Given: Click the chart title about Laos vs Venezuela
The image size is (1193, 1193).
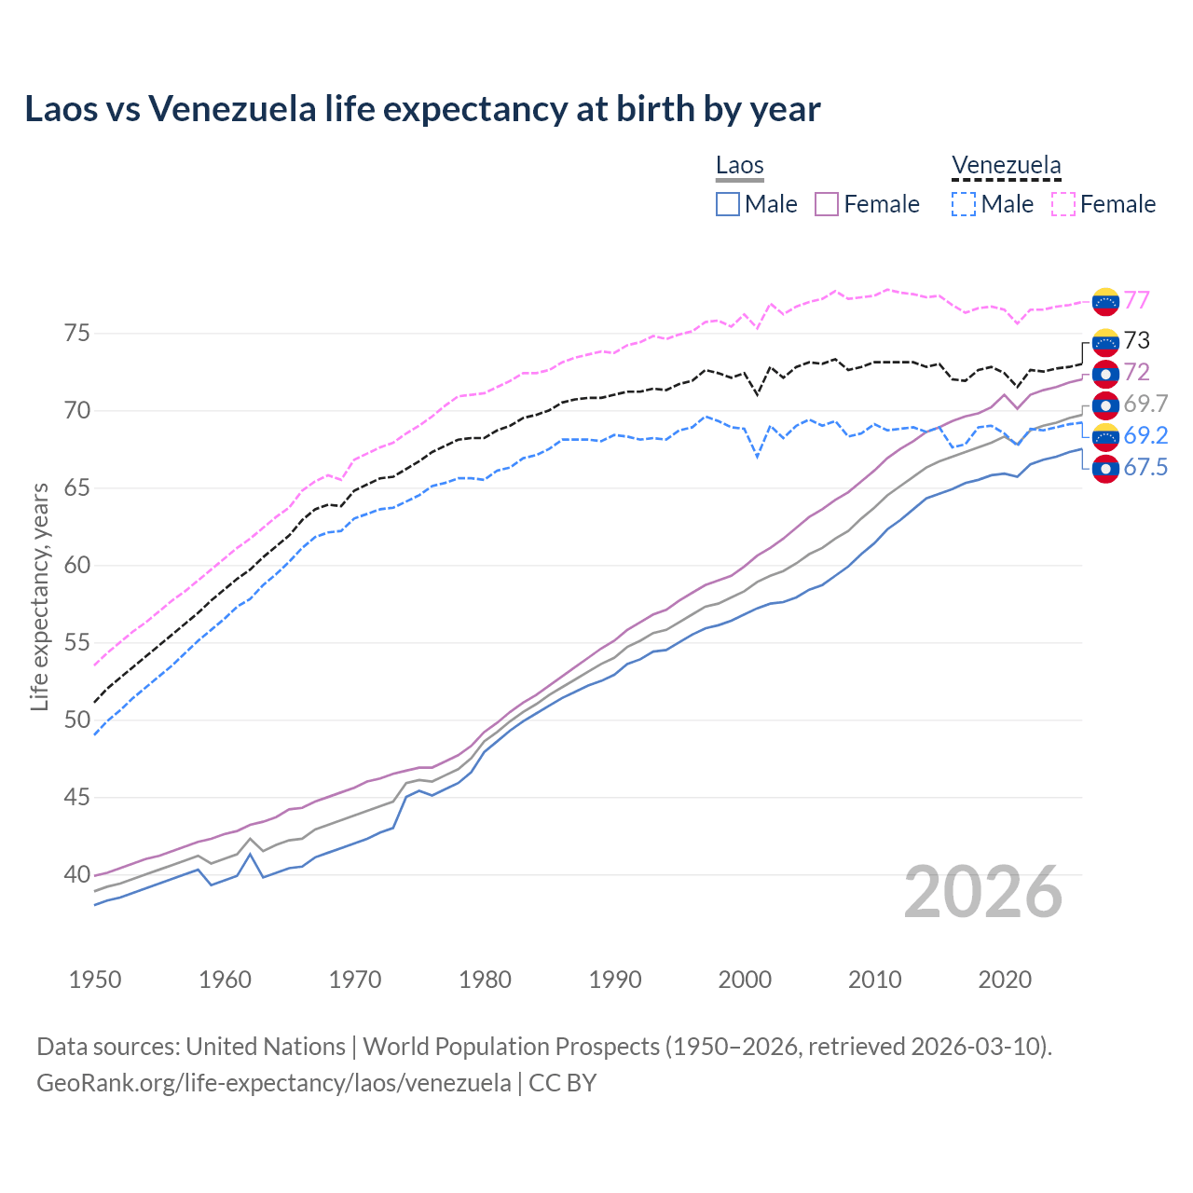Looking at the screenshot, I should tap(422, 109).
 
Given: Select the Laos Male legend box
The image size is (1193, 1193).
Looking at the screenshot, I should tap(728, 204).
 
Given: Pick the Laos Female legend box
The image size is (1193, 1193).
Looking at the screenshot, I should tap(827, 204).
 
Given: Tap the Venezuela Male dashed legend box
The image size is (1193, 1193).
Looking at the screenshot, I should tap(964, 204).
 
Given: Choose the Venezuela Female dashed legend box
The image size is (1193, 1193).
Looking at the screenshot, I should tap(1063, 204).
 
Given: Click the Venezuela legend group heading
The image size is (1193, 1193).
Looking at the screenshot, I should tap(1006, 166).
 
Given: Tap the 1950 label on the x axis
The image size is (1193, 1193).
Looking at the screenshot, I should tap(95, 980).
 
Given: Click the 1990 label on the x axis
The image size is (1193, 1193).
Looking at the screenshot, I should tap(615, 980).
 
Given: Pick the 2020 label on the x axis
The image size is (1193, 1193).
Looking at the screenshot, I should tap(1005, 980).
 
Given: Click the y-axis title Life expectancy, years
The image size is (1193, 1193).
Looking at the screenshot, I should tap(39, 596).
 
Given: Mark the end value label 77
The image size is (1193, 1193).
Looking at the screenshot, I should tap(1136, 300).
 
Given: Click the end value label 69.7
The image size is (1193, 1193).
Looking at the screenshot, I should tap(1145, 404).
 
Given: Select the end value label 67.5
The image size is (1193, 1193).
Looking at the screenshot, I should tap(1145, 467).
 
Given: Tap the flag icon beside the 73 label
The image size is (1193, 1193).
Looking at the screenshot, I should tap(1105, 342).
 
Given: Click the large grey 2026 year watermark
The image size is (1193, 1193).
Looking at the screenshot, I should tap(983, 892).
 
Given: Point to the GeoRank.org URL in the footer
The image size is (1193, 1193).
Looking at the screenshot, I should tap(273, 1083).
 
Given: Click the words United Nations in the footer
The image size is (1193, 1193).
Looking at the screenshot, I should tap(266, 1047).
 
